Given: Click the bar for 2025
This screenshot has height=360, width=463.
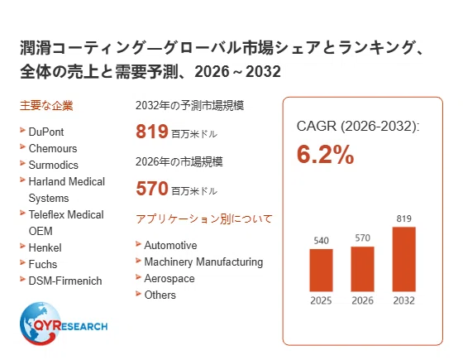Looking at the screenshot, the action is coord(321,270).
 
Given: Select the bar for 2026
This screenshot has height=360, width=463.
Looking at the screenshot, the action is coord(362,269).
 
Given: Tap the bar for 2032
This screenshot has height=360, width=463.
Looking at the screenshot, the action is coord(404,259).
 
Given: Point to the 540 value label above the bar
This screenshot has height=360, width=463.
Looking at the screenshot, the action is coord(321,241).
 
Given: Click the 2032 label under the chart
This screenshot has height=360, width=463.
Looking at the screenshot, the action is coord(404,300).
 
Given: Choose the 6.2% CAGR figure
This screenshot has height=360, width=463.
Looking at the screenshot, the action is coord(325,154).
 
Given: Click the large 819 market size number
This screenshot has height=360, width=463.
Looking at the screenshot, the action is coord(152,132).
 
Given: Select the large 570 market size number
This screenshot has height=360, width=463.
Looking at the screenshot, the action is coord(152,189).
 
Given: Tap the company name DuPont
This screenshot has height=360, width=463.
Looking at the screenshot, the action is coord(46,132).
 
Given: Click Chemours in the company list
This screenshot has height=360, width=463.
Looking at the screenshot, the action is coord(53,148).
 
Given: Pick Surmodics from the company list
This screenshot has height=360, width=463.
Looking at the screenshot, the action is coord(54,165).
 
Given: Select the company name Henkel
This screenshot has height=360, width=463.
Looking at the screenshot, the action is coord(45,247).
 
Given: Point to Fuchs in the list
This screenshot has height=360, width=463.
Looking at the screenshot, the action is coord(43,264).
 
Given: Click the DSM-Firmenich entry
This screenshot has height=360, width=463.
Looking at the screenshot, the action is coord(65,281).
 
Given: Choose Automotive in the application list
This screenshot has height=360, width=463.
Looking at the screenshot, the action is coord(170,245).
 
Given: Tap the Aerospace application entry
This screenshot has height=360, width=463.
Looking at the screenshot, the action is coord(169,278).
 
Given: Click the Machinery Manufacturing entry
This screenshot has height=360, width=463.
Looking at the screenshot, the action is coord(203,262).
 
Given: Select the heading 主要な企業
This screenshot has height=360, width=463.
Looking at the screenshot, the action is coord(46,106).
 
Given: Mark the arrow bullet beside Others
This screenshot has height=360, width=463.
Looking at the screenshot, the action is coord(138,294).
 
